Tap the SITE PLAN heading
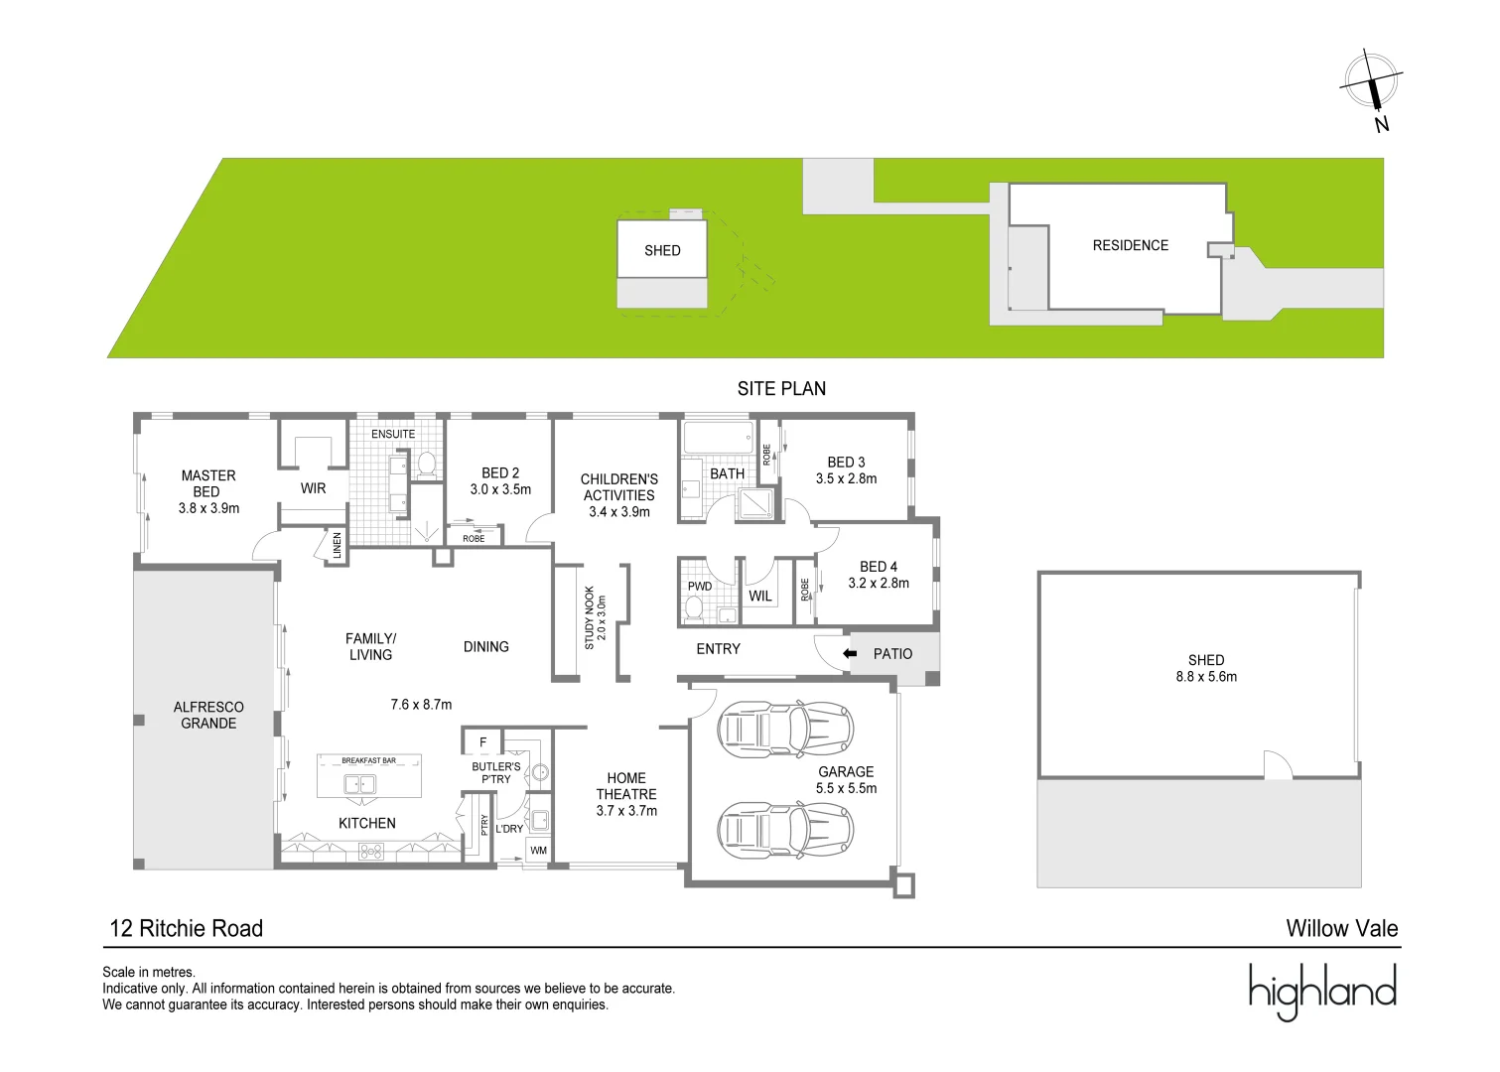[x=781, y=389]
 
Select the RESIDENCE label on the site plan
[x=1130, y=245]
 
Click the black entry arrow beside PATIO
[x=850, y=654]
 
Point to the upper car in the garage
[x=784, y=730]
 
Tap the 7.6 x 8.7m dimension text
[x=421, y=705]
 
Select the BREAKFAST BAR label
[x=368, y=761]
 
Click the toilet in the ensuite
[x=427, y=464]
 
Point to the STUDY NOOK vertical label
[x=590, y=617]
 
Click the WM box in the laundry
[x=538, y=851]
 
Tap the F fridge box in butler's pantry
[x=483, y=742]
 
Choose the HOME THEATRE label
[x=626, y=794]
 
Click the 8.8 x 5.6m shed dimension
[x=1206, y=677]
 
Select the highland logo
[x=1322, y=991]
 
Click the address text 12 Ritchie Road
[x=187, y=929]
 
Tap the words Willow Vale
[x=1341, y=929]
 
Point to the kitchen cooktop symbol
[x=371, y=851]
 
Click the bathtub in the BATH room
[x=719, y=437]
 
